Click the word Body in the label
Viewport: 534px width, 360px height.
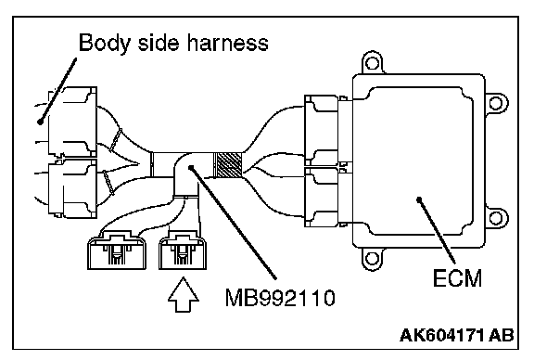tap(105, 43)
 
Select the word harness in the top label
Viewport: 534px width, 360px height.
tap(227, 43)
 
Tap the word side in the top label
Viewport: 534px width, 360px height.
tap(158, 43)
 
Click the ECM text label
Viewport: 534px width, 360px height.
tap(457, 277)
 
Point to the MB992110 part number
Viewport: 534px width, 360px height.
tap(280, 298)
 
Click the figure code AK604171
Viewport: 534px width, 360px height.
tap(442, 335)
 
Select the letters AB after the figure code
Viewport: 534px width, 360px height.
tap(502, 335)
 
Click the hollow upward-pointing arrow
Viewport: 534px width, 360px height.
tap(184, 294)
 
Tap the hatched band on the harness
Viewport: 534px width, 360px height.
tap(227, 165)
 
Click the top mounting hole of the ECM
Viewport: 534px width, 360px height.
tap(372, 63)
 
